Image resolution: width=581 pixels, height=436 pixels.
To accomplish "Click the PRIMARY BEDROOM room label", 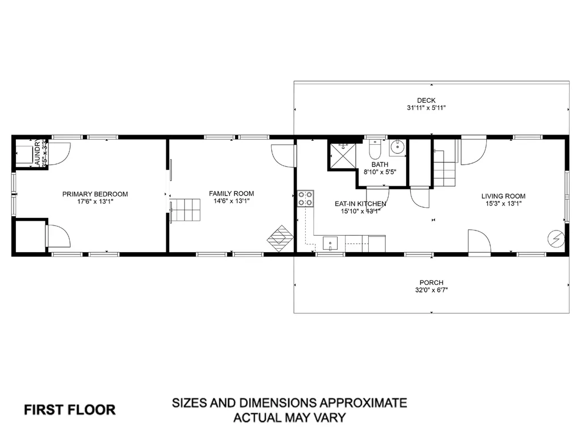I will (x=95, y=194).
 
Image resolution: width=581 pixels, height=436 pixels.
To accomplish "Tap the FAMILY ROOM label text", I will (x=231, y=194).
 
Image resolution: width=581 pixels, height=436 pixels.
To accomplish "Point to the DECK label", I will (x=426, y=100).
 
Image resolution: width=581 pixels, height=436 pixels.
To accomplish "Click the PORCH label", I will (x=431, y=283).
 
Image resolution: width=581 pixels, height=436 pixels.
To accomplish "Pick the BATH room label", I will (x=380, y=165).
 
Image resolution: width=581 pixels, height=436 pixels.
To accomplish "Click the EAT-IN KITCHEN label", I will (x=360, y=204).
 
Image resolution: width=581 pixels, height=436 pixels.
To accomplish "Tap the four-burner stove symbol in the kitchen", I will (x=305, y=198).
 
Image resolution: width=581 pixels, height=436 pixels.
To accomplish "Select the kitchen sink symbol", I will (x=330, y=244).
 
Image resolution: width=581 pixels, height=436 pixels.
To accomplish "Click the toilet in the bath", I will (x=374, y=150).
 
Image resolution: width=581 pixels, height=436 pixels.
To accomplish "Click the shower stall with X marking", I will (x=342, y=156).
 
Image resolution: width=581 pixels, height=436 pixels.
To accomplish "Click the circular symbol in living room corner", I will (x=556, y=238).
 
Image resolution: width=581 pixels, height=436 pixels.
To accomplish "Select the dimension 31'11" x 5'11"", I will (x=426, y=108).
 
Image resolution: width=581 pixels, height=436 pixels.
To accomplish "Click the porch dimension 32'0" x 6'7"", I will (x=431, y=290).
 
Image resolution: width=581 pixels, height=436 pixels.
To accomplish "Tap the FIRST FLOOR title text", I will (x=70, y=409).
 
